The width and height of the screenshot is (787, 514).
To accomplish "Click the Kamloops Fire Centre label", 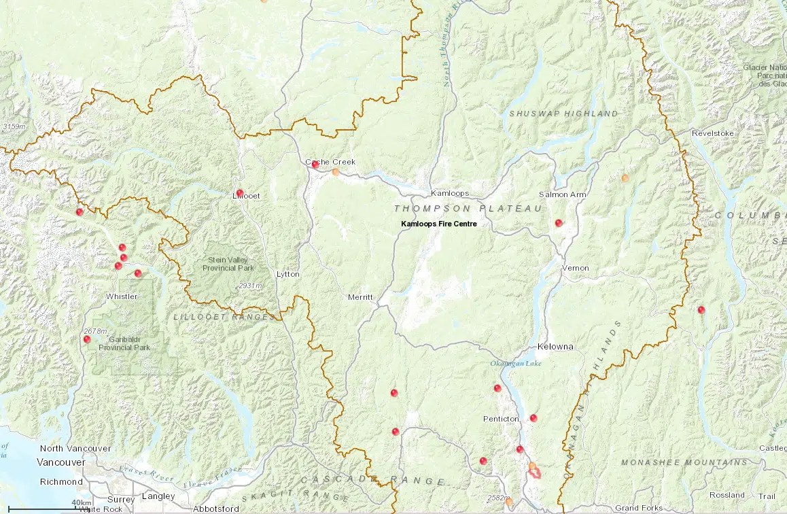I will [438, 223].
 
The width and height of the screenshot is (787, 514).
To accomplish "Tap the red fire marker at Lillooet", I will [239, 193].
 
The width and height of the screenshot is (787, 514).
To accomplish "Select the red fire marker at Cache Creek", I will [315, 165].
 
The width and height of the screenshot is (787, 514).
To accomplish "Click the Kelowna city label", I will [555, 347].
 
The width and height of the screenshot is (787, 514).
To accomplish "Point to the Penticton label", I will [501, 419].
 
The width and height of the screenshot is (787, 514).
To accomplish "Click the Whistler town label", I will [122, 296].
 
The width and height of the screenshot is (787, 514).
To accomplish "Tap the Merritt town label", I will [360, 298].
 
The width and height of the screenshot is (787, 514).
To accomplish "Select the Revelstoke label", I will [713, 133].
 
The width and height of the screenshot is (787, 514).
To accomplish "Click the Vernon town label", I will [575, 268].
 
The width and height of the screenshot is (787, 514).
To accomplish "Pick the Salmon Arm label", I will [562, 194].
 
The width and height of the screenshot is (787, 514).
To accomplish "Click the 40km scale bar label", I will [81, 502].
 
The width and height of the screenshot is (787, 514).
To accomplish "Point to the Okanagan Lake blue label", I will [516, 364].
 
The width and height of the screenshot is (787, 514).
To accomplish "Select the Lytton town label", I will [287, 274].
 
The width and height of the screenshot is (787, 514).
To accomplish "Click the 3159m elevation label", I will [14, 126].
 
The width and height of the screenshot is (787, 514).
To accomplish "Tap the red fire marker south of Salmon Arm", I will [559, 223].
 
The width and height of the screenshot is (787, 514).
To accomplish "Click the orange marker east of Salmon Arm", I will [625, 178].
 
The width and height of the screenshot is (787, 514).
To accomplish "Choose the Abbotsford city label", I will [215, 509].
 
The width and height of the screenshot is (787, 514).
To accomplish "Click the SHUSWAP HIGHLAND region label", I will [563, 114].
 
